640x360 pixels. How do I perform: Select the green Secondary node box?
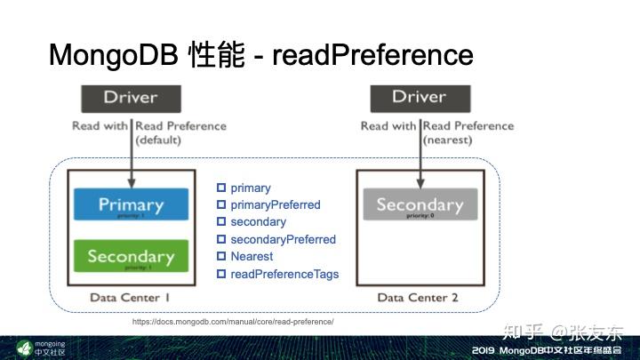pos(131,256)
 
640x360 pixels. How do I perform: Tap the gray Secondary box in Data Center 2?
pos(420,206)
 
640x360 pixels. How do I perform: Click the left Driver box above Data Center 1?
pos(131,97)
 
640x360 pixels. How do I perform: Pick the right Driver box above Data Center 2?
pos(420,97)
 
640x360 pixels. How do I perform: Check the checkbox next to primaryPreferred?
pos(221,205)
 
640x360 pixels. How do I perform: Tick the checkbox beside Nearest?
pos(221,257)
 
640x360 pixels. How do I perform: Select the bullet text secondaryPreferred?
pos(283,240)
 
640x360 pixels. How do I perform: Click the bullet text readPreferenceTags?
pos(284,274)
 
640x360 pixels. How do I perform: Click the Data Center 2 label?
pos(419,298)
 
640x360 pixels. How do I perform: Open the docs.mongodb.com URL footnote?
pos(233,322)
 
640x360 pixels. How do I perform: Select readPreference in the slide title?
pos(372,55)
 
